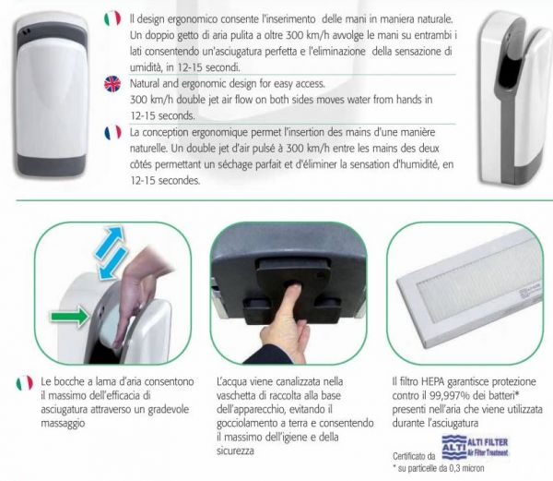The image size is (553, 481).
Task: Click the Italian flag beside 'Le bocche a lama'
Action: tap(24, 381)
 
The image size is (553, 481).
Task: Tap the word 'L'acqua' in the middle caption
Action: tap(232, 380)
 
